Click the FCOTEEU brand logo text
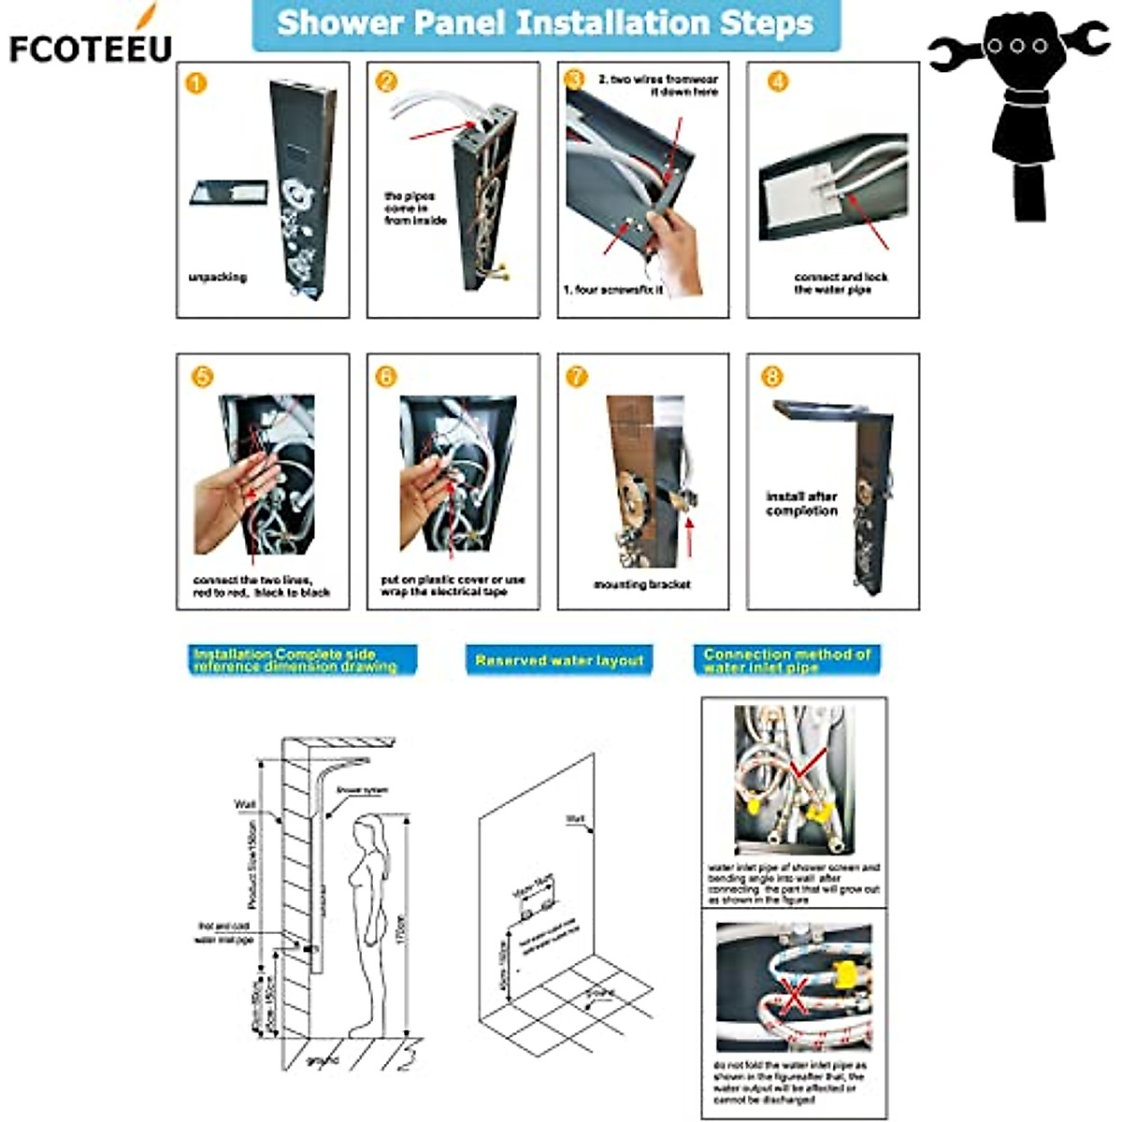pos(91,47)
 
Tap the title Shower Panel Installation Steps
pos(545,23)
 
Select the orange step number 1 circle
pos(196,83)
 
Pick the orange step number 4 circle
pos(778,82)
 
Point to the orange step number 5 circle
pos(202,376)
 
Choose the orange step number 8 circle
pos(772,376)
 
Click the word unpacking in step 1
pos(217,278)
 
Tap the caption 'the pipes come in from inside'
pos(415,209)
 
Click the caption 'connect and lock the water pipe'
pos(840,283)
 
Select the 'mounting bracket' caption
pos(642,584)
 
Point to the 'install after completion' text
pos(801,504)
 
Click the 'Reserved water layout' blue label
pos(559,660)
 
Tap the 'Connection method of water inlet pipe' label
pos(786,660)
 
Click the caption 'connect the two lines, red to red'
pos(261,586)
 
